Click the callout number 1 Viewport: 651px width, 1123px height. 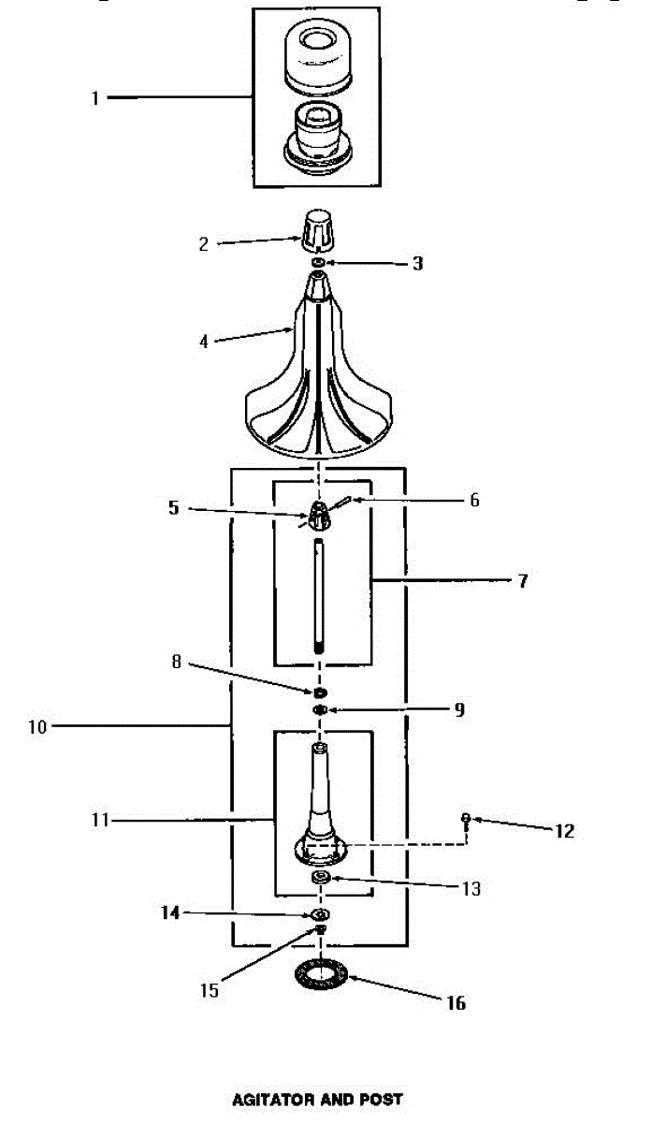(94, 97)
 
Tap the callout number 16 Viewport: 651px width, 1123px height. (455, 1003)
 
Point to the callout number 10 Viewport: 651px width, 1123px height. (37, 726)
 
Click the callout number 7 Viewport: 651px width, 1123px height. (522, 581)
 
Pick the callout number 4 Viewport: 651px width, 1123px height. (204, 342)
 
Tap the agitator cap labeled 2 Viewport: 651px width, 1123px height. (319, 230)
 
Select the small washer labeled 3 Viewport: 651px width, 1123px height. (319, 264)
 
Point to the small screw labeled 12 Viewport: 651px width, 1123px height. (465, 821)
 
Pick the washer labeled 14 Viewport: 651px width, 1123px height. (320, 913)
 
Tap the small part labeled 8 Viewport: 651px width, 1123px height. (319, 693)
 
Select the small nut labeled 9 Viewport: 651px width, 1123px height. (320, 710)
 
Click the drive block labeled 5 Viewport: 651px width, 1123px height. (320, 514)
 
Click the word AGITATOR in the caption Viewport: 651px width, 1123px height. (272, 1100)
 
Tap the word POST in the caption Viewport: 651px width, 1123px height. (384, 1100)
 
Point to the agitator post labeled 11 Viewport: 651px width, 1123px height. (320, 805)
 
